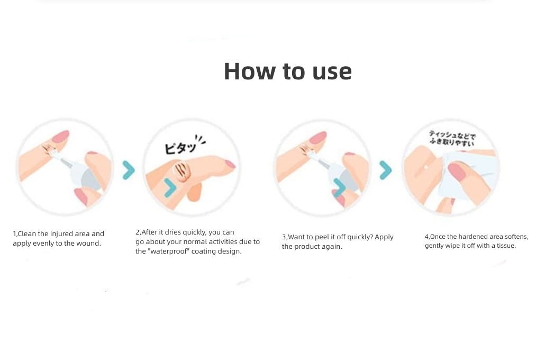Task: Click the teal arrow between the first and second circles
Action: [129, 170]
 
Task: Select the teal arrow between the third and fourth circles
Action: [385, 170]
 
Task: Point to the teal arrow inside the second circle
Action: [170, 188]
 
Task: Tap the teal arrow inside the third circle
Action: [339, 188]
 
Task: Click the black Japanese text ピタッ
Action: [180, 148]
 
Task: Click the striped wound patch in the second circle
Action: [182, 171]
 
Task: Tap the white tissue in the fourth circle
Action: [466, 181]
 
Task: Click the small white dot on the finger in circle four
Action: [426, 168]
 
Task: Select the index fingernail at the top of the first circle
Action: [61, 137]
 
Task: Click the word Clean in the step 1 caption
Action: [28, 234]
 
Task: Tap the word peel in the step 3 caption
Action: [321, 237]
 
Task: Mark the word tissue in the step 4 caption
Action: [506, 246]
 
